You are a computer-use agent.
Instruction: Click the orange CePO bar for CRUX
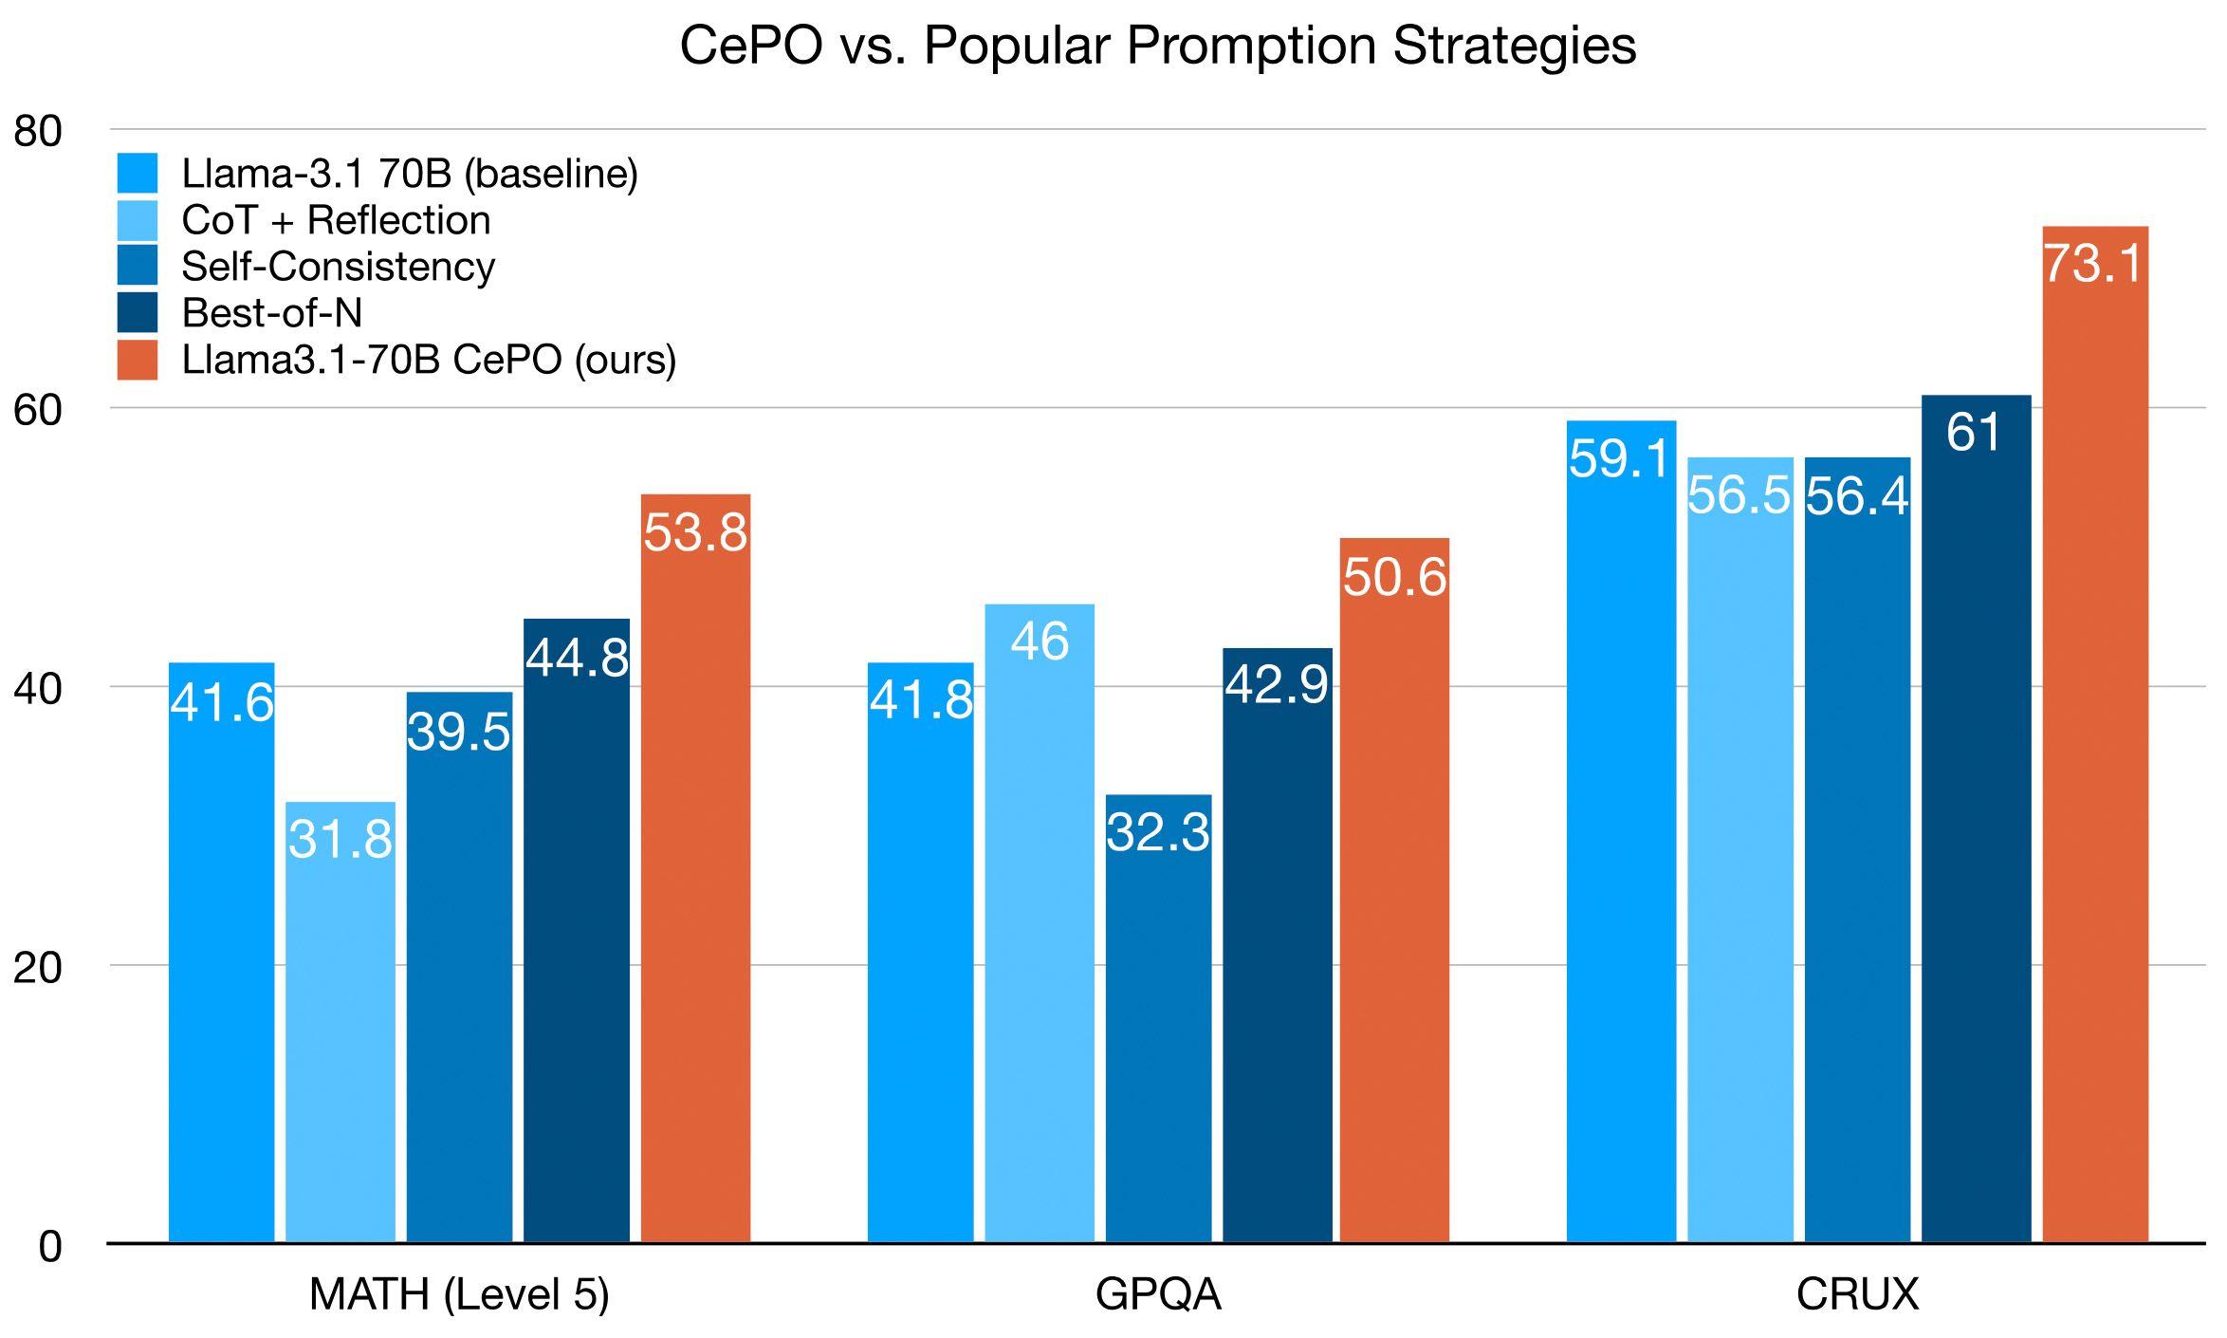click(x=2094, y=740)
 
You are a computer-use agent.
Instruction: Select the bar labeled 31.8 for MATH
click(x=340, y=1025)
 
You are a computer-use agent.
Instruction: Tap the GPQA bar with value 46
click(x=1040, y=930)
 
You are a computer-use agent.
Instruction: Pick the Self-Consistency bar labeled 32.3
click(x=1158, y=1025)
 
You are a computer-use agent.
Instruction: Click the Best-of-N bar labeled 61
click(x=1976, y=826)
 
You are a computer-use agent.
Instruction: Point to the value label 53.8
click(x=695, y=532)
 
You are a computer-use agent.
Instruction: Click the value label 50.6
click(x=1394, y=577)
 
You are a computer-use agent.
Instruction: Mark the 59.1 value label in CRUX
click(x=1620, y=459)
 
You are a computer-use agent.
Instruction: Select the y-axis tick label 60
click(x=37, y=410)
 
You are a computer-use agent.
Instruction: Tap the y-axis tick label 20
click(x=37, y=967)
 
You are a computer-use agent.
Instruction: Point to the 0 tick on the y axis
click(x=49, y=1246)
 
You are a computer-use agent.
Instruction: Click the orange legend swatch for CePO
click(x=138, y=361)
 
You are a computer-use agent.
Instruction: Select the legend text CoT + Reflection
click(x=336, y=220)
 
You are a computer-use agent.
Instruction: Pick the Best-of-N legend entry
click(x=271, y=313)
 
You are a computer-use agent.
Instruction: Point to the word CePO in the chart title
click(x=750, y=46)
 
